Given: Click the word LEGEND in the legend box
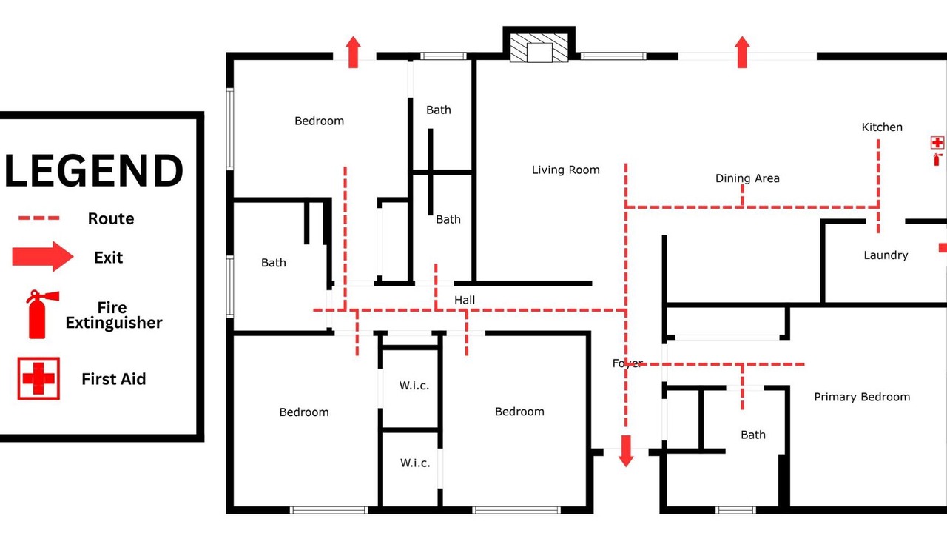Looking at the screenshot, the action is click(94, 170).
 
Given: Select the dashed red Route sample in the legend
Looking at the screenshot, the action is click(39, 218).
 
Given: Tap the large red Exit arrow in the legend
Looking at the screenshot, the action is click(43, 256).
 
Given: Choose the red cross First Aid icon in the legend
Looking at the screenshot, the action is click(38, 378).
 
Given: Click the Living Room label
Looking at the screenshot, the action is click(566, 170).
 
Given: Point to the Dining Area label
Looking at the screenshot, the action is click(747, 178).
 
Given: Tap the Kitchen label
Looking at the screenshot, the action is click(882, 127).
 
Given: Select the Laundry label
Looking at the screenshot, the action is click(886, 255).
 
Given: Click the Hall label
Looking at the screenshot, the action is click(465, 301).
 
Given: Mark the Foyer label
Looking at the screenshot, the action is click(627, 363).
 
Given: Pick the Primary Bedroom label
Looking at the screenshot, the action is click(862, 397).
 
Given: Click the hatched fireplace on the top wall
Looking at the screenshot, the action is click(539, 48).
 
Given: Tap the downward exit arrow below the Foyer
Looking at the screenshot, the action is click(626, 451).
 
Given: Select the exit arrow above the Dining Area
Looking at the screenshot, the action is click(742, 52).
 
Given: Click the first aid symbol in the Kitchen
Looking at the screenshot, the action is click(937, 143).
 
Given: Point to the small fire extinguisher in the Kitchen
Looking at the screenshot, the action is click(937, 159).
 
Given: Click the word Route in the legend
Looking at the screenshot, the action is click(111, 218).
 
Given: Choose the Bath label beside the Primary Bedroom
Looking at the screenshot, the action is click(753, 435).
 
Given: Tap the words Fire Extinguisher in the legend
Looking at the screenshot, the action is click(113, 315).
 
